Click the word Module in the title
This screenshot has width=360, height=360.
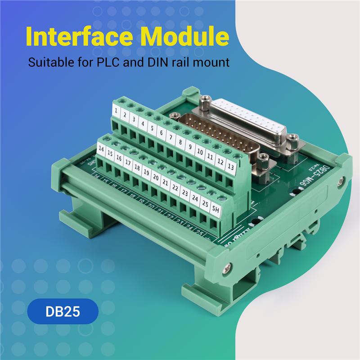click(190, 36)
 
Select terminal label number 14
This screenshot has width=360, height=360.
click(101, 150)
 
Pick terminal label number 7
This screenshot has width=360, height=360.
click(170, 137)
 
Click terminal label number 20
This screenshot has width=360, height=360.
click(155, 178)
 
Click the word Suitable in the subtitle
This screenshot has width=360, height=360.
click(47, 62)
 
